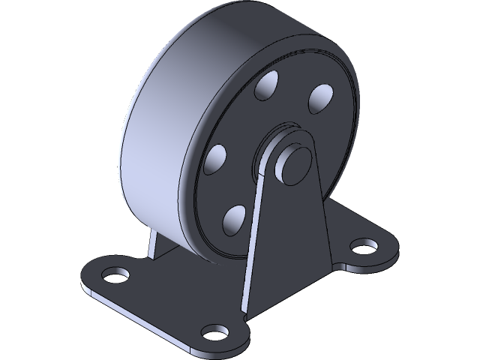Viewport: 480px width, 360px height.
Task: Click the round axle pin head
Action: (x=292, y=160)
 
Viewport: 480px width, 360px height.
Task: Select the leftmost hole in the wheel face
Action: (x=216, y=158)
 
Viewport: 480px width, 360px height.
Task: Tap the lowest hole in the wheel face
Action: (x=235, y=218)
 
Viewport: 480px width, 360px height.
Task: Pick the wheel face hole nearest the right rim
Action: (x=319, y=97)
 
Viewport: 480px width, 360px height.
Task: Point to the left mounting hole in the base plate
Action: (x=114, y=275)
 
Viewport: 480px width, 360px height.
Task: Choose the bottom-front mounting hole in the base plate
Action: (x=216, y=331)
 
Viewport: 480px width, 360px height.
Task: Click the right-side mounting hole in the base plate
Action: (x=364, y=245)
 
